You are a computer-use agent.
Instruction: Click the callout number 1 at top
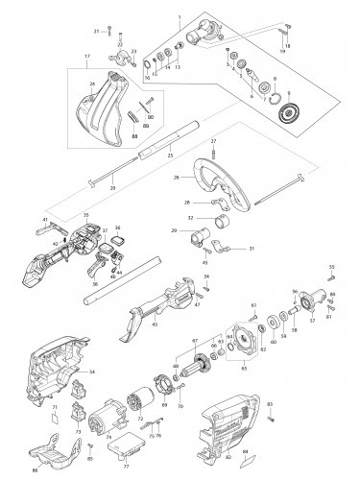tap(178, 19)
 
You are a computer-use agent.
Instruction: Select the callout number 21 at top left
tap(97, 32)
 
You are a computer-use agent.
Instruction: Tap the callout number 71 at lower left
tap(54, 408)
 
